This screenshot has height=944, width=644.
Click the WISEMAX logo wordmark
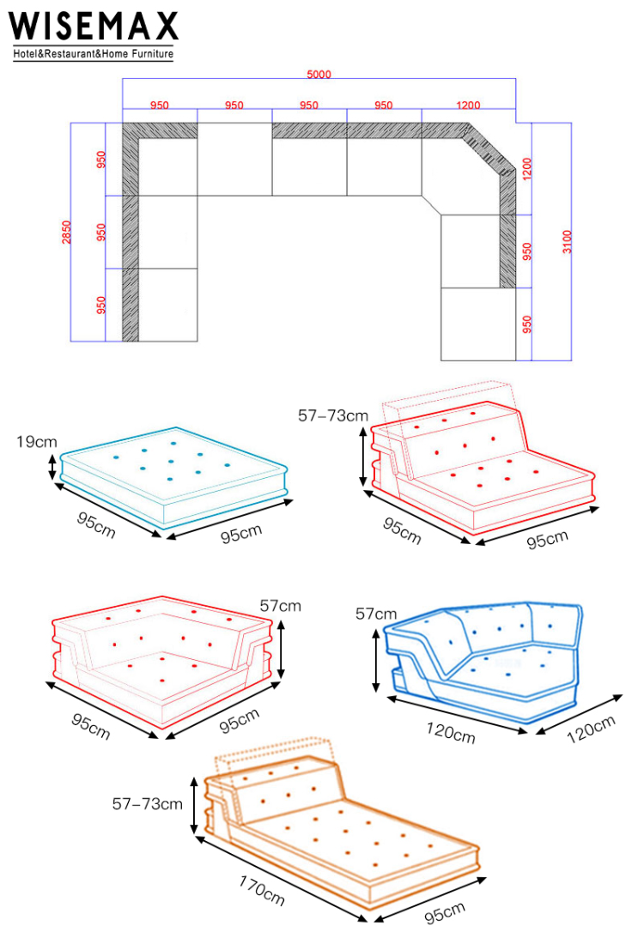click(x=94, y=27)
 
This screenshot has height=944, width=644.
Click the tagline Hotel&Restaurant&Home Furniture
click(x=94, y=53)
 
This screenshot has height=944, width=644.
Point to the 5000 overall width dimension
click(x=319, y=74)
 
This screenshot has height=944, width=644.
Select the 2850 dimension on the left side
click(x=66, y=233)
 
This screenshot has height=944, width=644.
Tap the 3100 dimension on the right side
click(x=567, y=241)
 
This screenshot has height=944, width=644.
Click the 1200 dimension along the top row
click(x=468, y=106)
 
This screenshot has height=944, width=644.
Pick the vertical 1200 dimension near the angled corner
click(x=527, y=169)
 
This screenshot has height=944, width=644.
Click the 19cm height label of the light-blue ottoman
click(x=37, y=442)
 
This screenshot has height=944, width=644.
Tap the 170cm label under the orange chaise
click(x=261, y=891)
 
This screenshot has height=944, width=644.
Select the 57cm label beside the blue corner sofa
click(x=376, y=614)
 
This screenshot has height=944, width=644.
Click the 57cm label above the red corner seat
click(x=280, y=606)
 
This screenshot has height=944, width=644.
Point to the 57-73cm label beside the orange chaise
click(x=148, y=804)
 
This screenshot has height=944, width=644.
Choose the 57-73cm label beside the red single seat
click(x=333, y=415)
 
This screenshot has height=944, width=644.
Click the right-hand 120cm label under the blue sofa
click(x=591, y=729)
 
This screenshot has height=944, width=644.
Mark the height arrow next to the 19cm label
click(x=52, y=467)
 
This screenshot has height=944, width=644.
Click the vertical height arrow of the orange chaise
click(x=194, y=805)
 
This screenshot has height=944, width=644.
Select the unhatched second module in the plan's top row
click(x=235, y=160)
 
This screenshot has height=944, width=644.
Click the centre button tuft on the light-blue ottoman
click(x=171, y=462)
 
